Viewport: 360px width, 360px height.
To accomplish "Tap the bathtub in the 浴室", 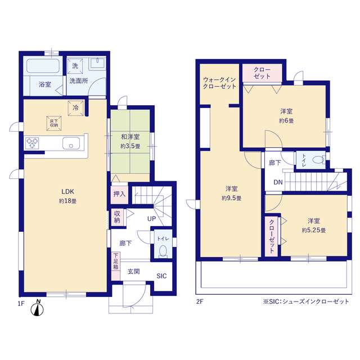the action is point(43,66).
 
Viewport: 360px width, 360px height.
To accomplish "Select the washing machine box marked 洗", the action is point(75,66).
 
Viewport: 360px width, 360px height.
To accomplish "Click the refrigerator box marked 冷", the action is point(75,108).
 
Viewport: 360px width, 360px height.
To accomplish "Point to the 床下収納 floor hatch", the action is point(54,123).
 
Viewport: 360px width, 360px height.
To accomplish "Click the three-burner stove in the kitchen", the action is point(32,143).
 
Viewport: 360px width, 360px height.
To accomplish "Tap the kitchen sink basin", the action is point(71,143).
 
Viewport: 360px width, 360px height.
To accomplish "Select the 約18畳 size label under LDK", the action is point(67,201).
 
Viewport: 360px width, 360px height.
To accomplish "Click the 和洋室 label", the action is point(130,137).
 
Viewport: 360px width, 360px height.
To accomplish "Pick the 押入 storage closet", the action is point(119,195).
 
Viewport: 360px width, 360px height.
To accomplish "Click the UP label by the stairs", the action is point(151,219).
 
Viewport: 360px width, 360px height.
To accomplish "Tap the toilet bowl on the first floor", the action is point(163,251).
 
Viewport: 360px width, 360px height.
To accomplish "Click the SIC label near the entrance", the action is point(161,276).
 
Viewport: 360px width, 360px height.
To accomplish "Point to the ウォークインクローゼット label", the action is point(219,83).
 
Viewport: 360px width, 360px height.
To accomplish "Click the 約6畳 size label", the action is point(286,121).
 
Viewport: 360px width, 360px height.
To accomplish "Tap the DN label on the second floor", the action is point(278,182).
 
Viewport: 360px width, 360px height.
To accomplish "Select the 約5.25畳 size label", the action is point(314,230).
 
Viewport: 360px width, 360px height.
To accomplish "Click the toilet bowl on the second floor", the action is point(318,160).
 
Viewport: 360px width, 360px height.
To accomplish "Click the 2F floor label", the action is point(200,301).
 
